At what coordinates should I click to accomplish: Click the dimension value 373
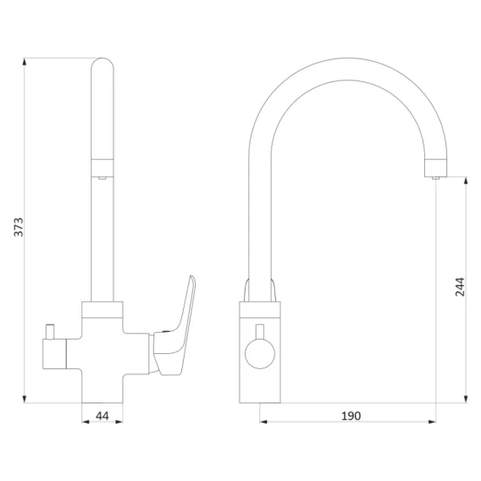19,227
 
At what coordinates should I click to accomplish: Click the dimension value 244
460,287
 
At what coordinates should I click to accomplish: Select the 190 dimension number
351,416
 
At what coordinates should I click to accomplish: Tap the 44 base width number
102,416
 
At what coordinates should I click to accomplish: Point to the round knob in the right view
260,354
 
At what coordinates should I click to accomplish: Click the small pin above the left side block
50,332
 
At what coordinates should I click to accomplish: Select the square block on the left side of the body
54,354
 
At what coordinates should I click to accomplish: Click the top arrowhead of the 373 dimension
25,61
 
